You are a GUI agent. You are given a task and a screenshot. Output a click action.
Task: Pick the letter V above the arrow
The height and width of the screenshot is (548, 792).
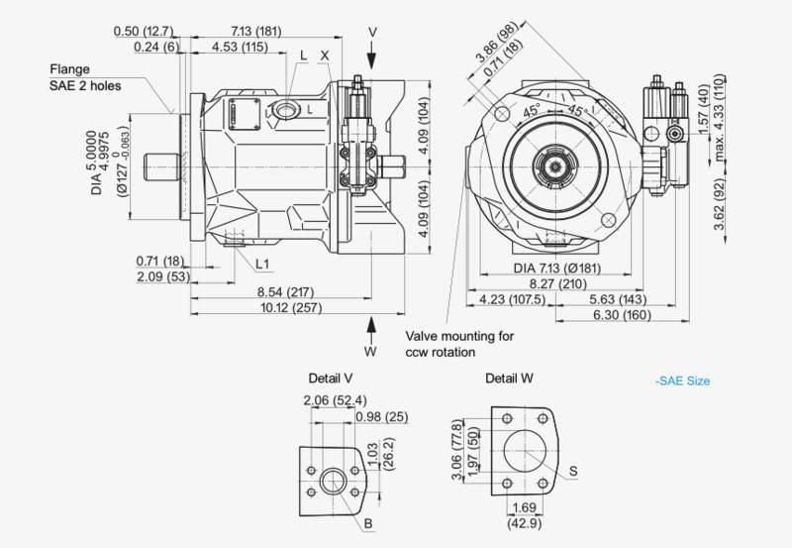(372, 31)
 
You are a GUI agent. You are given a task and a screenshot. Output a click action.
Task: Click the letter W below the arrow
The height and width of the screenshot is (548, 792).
(370, 351)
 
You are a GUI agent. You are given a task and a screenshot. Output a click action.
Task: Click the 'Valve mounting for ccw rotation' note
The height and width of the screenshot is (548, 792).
(459, 344)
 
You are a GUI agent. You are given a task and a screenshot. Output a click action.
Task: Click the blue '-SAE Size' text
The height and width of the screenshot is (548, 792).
(682, 381)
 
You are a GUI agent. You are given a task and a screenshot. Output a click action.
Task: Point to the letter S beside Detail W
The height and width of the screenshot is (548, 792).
(574, 472)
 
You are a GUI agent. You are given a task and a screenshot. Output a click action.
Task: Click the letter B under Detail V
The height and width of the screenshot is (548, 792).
(368, 522)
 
